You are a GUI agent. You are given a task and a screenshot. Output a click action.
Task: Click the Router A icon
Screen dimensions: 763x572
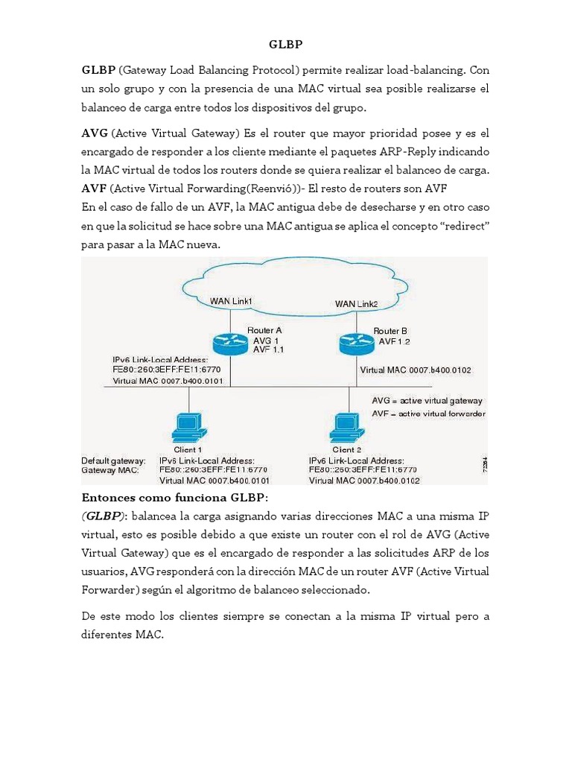point(229,343)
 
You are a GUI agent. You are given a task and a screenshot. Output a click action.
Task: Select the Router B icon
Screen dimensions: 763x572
point(356,343)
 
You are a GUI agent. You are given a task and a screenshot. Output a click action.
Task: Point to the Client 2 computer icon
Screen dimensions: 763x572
point(343,427)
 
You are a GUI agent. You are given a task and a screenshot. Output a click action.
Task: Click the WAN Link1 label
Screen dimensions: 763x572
point(231,301)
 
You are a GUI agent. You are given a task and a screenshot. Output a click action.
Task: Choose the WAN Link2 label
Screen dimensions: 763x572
point(356,303)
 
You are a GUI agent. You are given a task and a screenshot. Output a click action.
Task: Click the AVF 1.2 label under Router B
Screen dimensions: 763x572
point(395,341)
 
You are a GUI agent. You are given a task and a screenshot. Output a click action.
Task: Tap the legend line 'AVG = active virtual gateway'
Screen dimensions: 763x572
point(427,400)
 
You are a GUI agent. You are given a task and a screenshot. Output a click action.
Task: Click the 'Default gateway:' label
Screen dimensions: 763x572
point(113,461)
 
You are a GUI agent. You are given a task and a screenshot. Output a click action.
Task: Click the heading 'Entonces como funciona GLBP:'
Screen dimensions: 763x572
point(175,497)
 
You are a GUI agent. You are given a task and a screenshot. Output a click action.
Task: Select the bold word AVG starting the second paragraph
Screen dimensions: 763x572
point(95,133)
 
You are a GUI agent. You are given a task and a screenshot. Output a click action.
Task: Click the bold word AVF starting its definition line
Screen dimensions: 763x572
point(94,187)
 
